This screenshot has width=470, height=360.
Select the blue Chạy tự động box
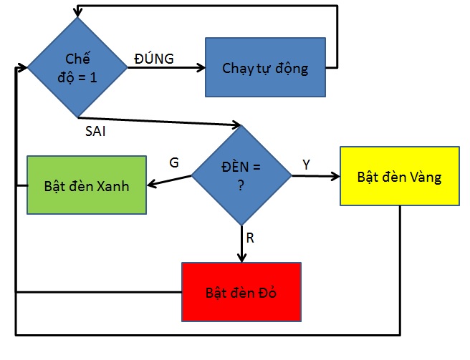(x=265, y=68)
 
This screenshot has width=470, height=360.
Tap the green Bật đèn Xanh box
(x=87, y=185)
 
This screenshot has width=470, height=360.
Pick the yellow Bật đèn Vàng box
(x=399, y=177)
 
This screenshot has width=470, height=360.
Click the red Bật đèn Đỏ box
(x=241, y=291)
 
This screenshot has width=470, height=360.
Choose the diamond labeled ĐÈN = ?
(x=241, y=175)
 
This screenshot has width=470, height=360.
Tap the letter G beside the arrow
(x=173, y=162)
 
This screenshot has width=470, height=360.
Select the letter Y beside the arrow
(x=306, y=164)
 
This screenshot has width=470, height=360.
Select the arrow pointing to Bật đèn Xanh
(x=169, y=180)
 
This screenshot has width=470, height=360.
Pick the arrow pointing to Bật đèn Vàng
(x=315, y=175)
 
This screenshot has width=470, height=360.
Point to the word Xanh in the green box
(x=113, y=185)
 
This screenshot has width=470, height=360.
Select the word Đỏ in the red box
(x=265, y=292)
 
